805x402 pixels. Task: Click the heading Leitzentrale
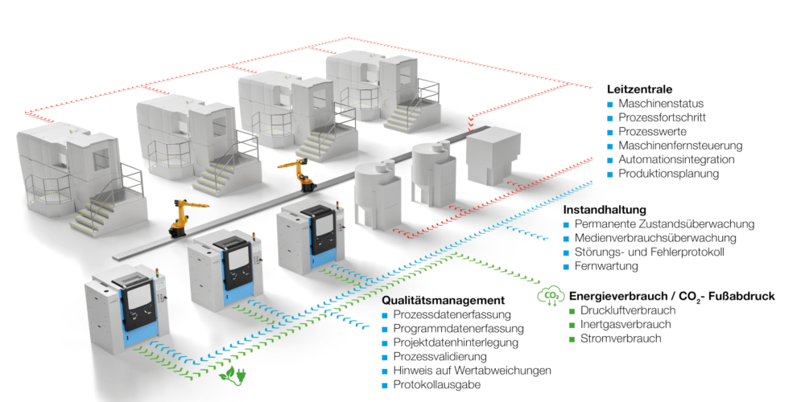coord(639,89)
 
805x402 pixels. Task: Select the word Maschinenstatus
coord(661,104)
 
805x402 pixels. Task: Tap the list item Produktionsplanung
coord(668,174)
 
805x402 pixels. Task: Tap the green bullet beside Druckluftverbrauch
coord(572,310)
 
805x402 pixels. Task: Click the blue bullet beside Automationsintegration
coord(610,160)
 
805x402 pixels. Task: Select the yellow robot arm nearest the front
coord(180,215)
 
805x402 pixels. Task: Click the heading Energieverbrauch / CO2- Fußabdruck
coord(671,296)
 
